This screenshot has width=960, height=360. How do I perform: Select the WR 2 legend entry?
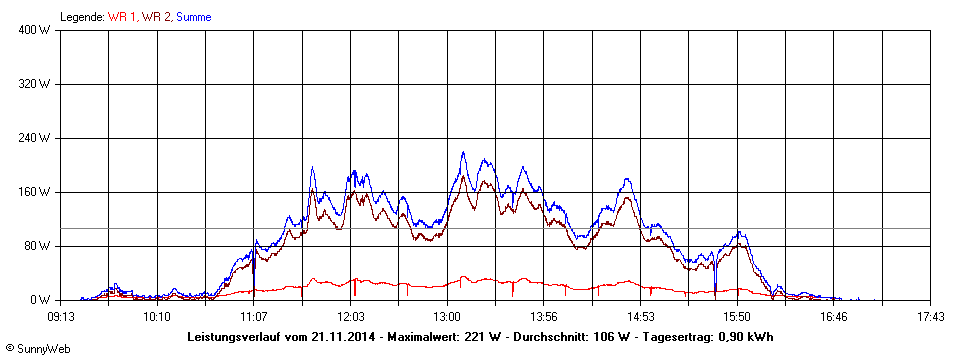pos(157,17)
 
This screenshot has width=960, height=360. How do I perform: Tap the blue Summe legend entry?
pos(193,17)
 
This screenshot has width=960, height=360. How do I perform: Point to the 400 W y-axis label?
pos(36,30)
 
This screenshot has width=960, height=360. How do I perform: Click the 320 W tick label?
pos(36,84)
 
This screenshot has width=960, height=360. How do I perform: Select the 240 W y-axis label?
pos(36,138)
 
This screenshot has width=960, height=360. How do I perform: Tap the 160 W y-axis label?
pos(36,192)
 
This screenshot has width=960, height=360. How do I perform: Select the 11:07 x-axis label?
pos(254,317)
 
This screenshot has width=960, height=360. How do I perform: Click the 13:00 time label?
pos(447,317)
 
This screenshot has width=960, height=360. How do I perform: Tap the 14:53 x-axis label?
pos(641,317)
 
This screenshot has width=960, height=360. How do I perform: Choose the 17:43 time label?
pos(930,317)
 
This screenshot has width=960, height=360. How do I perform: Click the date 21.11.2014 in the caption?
pos(344,337)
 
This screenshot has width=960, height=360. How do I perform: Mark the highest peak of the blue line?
pos(463,153)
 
